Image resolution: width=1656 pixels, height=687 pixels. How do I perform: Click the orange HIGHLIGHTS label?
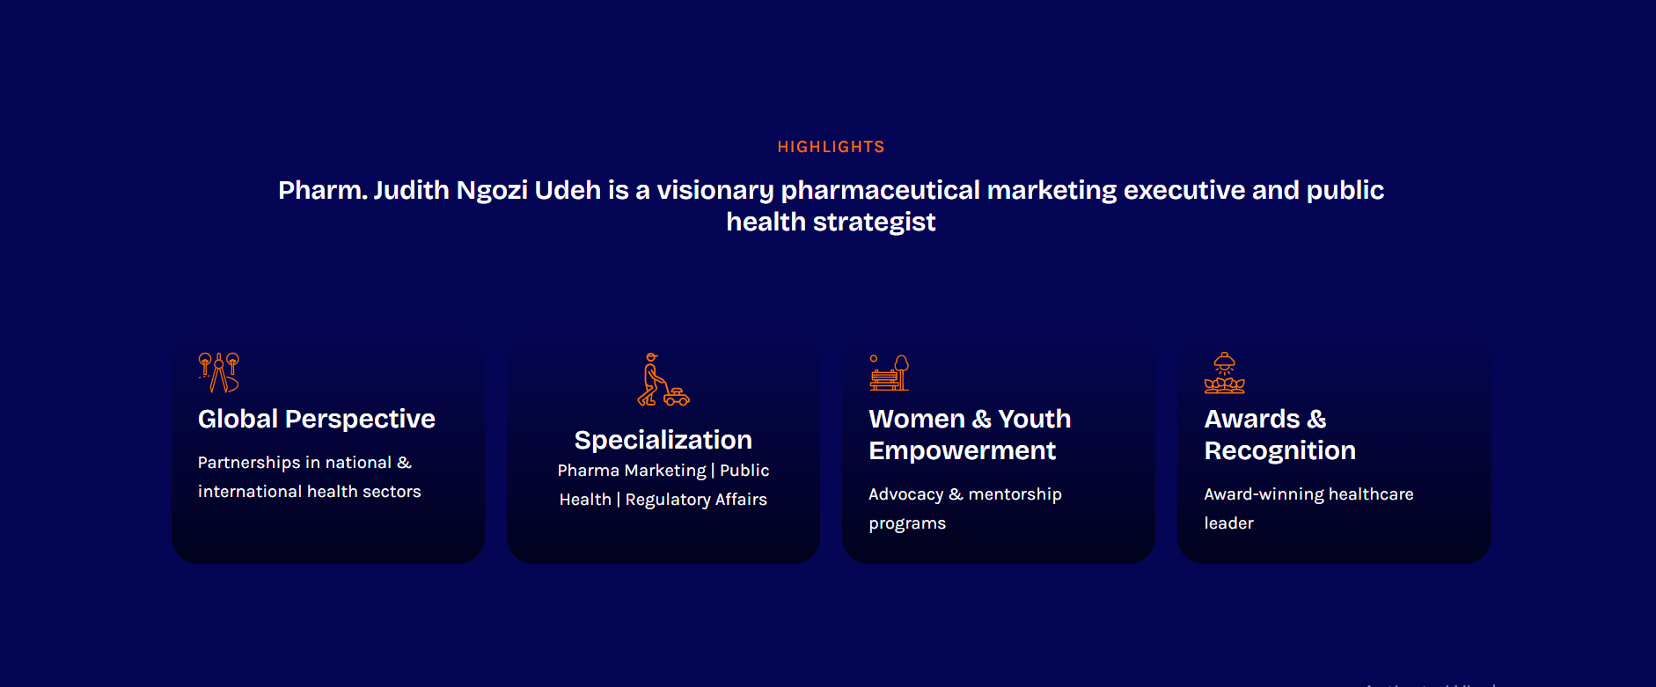831,147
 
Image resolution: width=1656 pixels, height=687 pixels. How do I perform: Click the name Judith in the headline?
412,190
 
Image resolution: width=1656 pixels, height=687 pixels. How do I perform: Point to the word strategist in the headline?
874,223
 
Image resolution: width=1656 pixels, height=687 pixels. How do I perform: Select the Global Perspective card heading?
317,419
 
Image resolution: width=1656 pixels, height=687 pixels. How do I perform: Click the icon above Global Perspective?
219,372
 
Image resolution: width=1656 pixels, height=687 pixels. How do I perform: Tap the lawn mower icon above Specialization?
663,379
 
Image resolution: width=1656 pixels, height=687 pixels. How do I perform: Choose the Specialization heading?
663,440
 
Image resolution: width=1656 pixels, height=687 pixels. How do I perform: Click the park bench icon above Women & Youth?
890,372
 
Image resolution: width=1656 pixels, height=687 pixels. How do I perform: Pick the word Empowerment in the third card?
963,450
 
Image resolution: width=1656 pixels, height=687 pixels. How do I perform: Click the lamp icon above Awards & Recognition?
1225,373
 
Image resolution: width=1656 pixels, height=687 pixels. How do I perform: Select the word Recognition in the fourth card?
1280,450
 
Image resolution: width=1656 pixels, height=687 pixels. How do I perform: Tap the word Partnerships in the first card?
249,463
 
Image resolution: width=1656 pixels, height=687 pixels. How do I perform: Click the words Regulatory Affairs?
696,500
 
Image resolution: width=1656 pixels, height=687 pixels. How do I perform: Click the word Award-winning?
1264,494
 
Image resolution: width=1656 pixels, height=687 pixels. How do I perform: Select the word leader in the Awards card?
1228,523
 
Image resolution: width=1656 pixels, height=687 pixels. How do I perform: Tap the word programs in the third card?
907,524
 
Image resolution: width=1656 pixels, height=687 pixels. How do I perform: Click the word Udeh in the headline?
568,190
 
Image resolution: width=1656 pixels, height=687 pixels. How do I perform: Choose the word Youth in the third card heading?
1035,419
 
